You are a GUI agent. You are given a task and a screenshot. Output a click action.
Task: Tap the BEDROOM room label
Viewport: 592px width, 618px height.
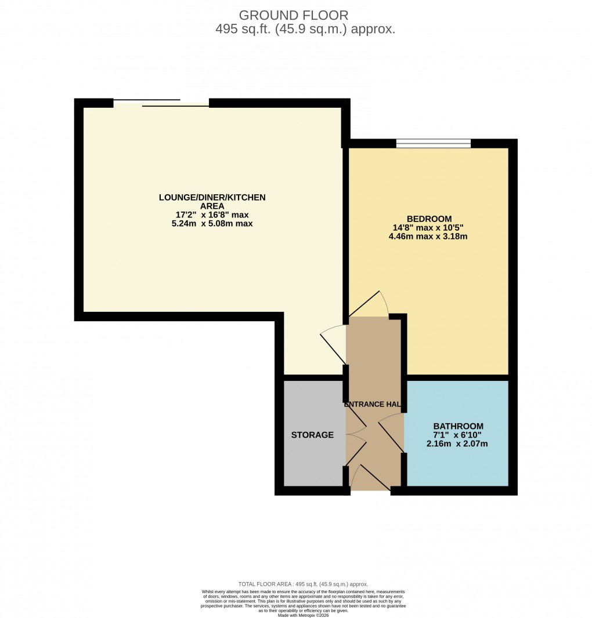coord(429,219)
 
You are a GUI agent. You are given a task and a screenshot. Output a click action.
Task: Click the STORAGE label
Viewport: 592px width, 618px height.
coord(312,435)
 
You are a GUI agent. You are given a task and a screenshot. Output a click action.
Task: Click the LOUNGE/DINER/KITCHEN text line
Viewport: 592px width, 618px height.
coord(212,198)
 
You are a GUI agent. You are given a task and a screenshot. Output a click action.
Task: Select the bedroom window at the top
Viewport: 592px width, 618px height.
coord(433,143)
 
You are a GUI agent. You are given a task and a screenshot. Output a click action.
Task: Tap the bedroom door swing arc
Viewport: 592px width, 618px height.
coord(371,303)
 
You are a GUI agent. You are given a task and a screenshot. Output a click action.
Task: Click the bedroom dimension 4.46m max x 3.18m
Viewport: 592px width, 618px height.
coord(429,237)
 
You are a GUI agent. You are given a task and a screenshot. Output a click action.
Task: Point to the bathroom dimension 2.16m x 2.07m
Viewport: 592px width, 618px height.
coord(457,445)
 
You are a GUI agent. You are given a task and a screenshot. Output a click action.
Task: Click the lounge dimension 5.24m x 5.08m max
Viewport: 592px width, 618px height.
coord(212,224)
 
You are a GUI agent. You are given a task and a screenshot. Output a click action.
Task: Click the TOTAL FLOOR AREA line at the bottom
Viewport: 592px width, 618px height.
coord(303,584)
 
